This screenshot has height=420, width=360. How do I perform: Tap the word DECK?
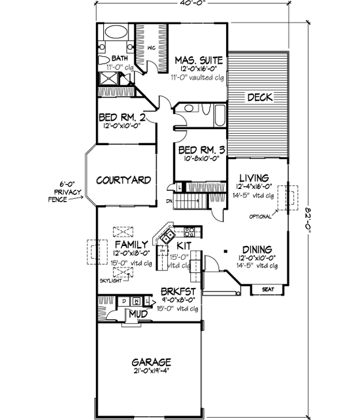(260, 97)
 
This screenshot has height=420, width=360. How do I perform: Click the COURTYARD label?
(122, 180)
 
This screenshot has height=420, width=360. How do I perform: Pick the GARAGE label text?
(151, 362)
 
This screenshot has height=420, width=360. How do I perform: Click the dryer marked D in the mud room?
(124, 301)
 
